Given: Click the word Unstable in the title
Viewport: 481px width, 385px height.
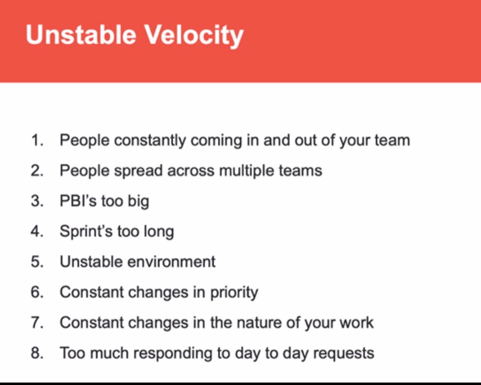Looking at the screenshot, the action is point(81,35).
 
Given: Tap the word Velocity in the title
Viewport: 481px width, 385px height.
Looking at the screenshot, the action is point(194,36).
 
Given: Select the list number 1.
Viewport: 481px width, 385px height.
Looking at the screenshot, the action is point(37,140).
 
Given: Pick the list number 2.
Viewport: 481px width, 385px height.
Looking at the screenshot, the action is point(37,171).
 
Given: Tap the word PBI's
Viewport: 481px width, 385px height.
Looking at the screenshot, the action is point(78,201).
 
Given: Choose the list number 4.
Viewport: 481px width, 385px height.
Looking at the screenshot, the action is point(37,231).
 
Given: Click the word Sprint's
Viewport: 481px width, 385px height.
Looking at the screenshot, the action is point(86,232).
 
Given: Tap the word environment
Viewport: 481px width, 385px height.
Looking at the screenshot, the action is point(171,262).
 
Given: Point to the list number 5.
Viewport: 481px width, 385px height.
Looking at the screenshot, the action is point(37,262).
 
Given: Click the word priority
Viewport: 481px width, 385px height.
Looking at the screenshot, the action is point(234,293).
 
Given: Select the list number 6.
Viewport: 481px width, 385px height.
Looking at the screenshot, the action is point(37,292).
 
